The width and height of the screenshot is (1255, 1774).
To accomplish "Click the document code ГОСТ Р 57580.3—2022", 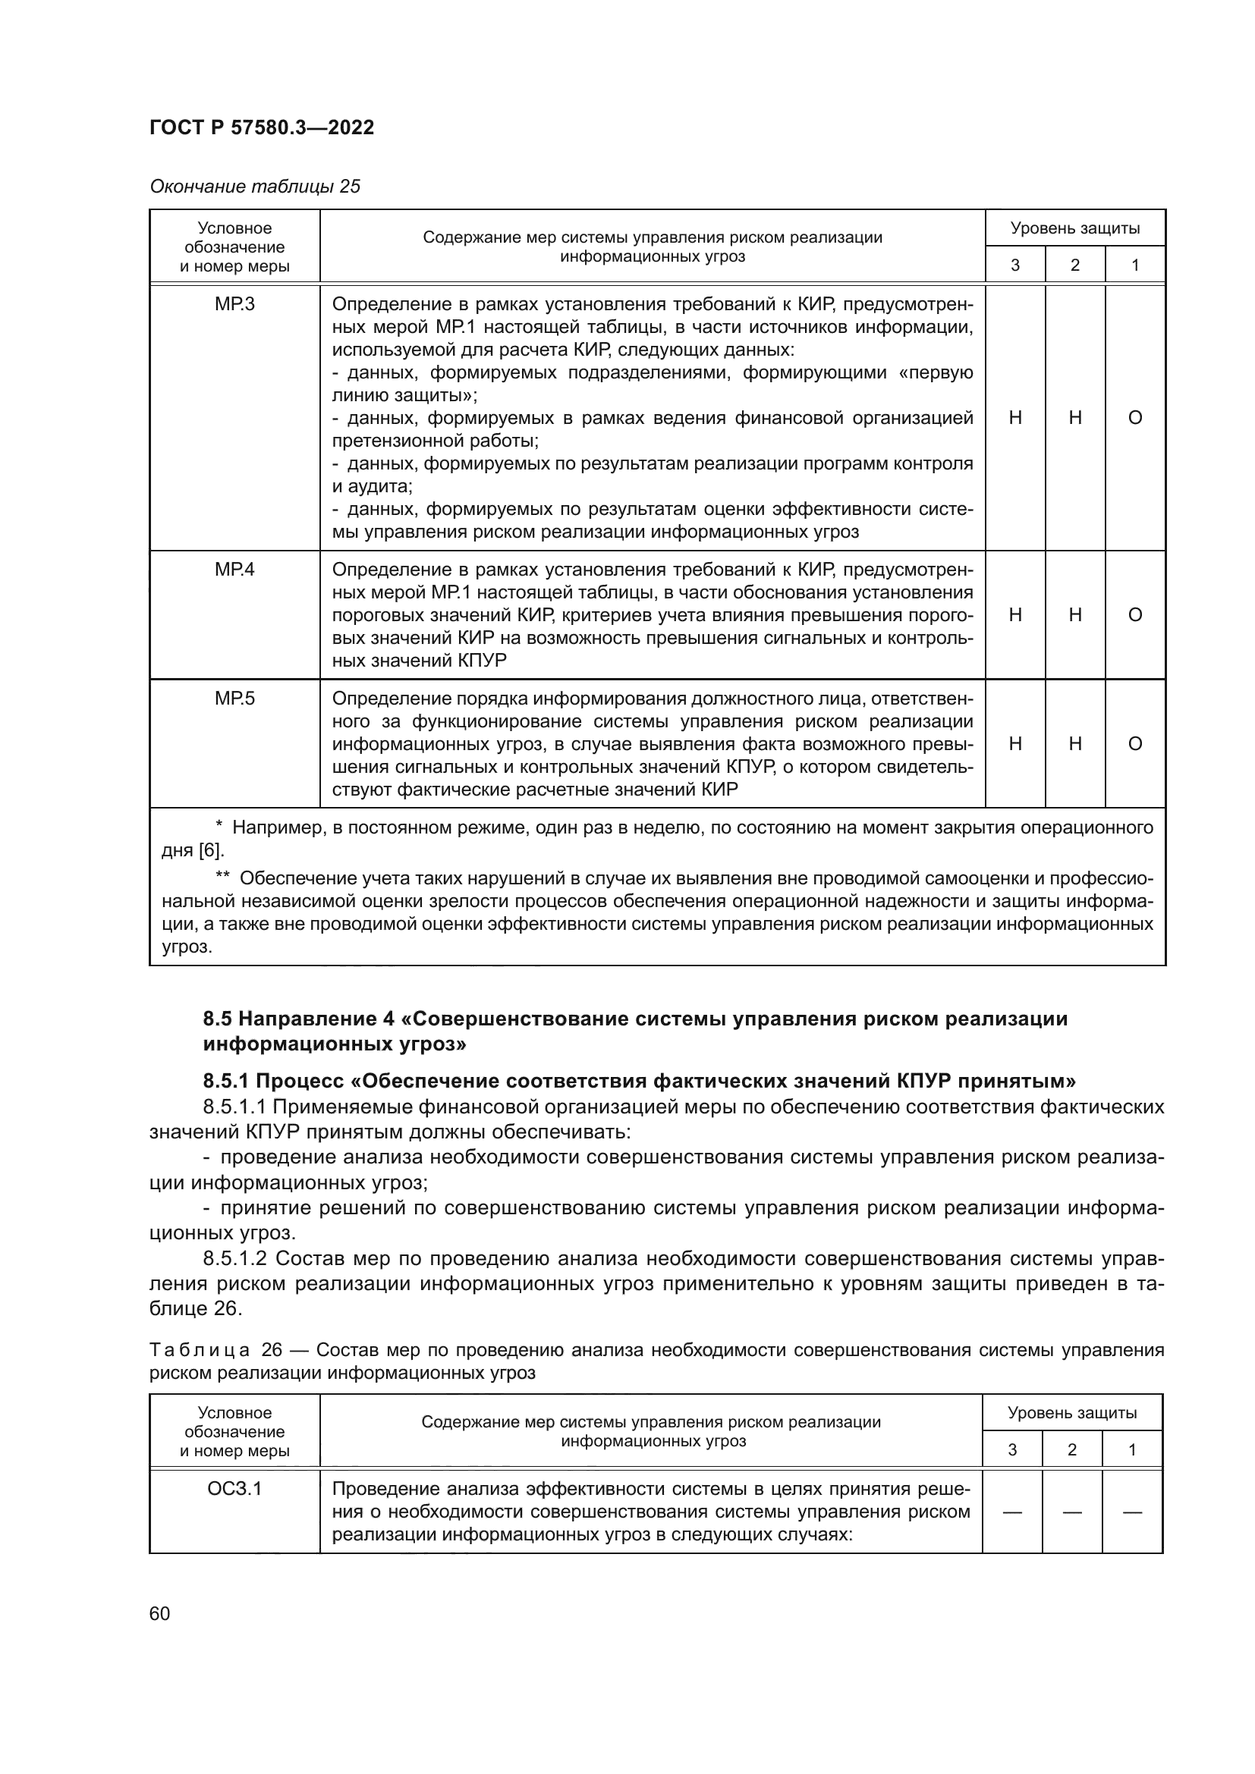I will [x=261, y=127].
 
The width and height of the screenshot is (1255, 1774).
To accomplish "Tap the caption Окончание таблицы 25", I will [x=255, y=187].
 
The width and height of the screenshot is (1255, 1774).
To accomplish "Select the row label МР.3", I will [x=234, y=304].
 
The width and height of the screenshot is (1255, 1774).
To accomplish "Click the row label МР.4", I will [x=234, y=570].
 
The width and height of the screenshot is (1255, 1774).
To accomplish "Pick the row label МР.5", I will [x=234, y=699].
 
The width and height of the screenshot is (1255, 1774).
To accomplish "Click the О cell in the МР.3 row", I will [x=1134, y=418].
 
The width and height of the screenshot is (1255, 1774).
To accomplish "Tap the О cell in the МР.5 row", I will [x=1134, y=744].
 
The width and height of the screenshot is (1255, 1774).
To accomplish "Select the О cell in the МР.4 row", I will [x=1134, y=615].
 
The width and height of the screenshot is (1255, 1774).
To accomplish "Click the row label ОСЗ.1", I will [x=234, y=1488].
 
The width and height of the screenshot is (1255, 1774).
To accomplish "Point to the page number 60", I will [x=160, y=1613].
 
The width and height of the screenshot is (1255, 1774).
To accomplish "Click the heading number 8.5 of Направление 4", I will [x=217, y=1019].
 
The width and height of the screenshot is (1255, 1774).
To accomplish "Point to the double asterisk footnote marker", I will [x=222, y=878].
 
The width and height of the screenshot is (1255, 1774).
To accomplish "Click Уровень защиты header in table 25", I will [x=1075, y=228].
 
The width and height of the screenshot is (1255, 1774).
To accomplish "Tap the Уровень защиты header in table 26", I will [x=1072, y=1413].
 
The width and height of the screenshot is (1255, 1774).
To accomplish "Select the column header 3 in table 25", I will [x=1014, y=265].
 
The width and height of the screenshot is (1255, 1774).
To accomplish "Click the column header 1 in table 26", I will [x=1131, y=1450].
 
